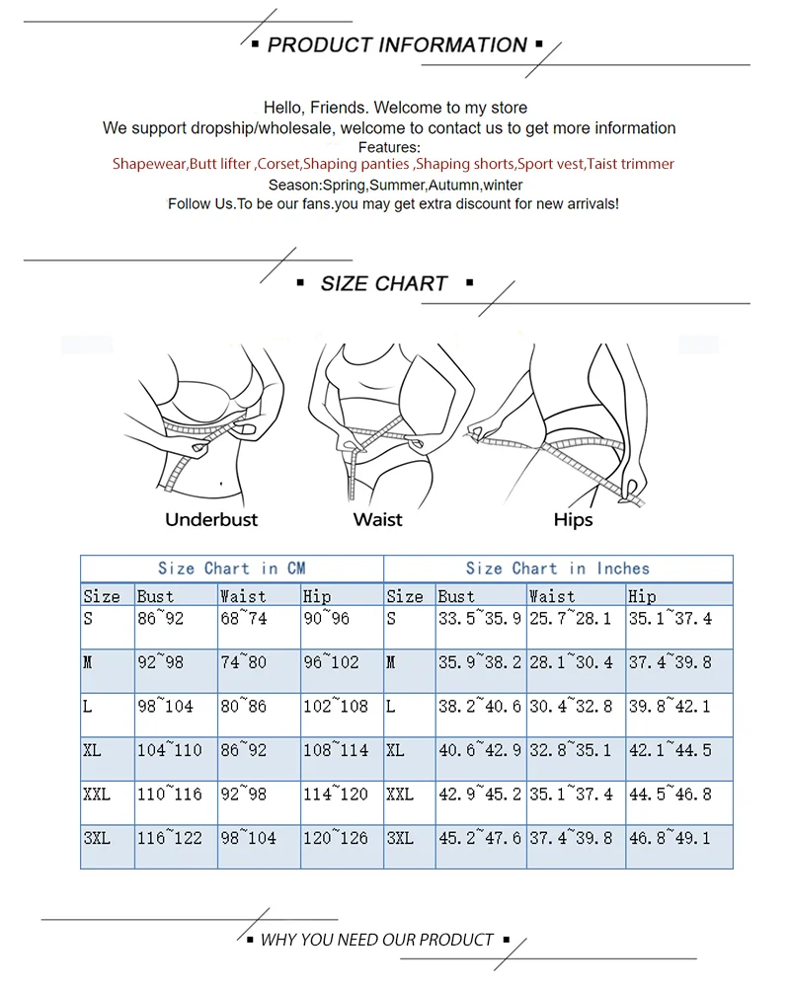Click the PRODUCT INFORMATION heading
coord(396,45)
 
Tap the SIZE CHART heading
coord(384,284)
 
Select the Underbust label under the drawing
coord(211,519)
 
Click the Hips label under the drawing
coord(573,519)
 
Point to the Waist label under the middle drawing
coord(378,519)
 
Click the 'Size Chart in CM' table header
coord(231,569)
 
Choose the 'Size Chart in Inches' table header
coord(557,569)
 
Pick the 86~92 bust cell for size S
coord(160,620)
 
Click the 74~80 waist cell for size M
coord(243,662)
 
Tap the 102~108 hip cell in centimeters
coord(335,707)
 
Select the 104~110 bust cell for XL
coord(169,750)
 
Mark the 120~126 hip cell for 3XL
coord(335,838)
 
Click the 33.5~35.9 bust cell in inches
coord(479,620)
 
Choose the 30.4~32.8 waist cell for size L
coord(571,707)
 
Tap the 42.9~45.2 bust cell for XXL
coord(479,794)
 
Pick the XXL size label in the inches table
coord(400,794)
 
